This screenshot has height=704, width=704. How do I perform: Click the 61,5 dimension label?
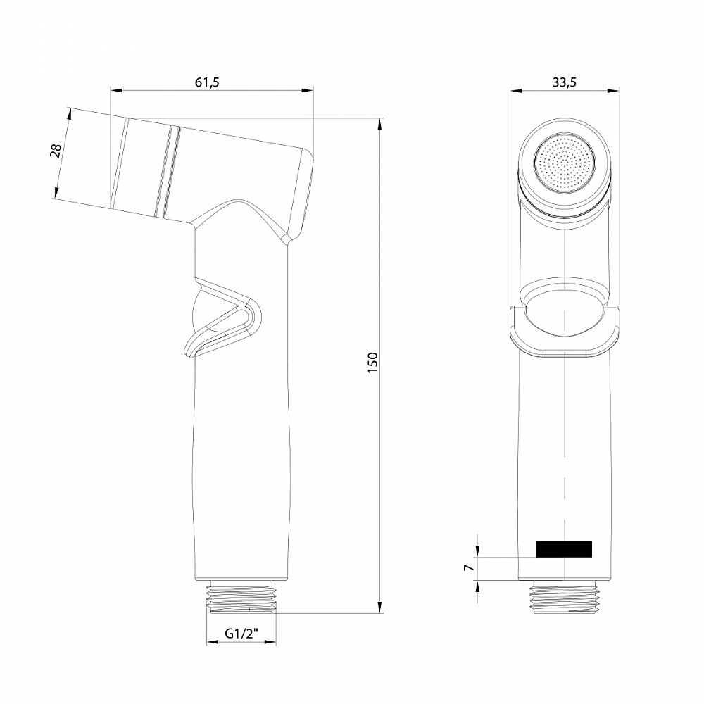tap(207, 82)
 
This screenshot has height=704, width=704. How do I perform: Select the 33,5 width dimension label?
tap(564, 82)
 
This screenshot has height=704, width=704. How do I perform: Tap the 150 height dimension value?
tap(373, 362)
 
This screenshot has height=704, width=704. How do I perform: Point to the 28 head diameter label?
tap(57, 151)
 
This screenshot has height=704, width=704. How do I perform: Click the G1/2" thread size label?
tap(241, 634)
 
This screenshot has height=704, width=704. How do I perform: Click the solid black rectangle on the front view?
tap(564, 549)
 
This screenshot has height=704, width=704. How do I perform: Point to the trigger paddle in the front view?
tap(565, 331)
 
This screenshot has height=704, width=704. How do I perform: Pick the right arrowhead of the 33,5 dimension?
tap(613, 90)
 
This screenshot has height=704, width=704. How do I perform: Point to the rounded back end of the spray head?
tap(307, 190)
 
